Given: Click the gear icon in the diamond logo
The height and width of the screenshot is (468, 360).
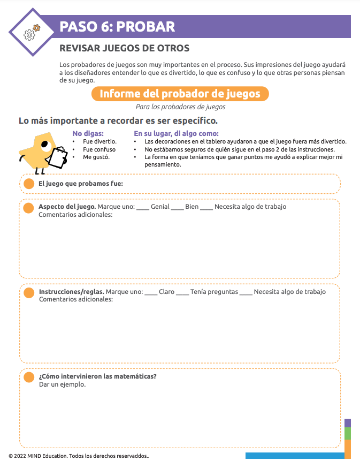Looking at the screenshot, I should pyautogui.click(x=30, y=34).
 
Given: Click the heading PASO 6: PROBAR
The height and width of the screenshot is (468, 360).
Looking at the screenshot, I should pyautogui.click(x=117, y=27).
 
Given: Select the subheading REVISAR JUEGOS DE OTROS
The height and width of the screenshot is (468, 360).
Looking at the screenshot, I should pyautogui.click(x=124, y=49).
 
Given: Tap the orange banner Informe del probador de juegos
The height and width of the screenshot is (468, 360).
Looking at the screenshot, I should pyautogui.click(x=180, y=94).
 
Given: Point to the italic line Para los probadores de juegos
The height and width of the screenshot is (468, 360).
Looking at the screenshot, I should pyautogui.click(x=180, y=107).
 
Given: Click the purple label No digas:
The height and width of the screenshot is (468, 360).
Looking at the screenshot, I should pyautogui.click(x=88, y=133).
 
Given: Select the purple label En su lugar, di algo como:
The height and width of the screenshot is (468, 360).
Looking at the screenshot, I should pyautogui.click(x=176, y=133).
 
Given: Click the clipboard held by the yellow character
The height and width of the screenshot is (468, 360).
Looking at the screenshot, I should pyautogui.click(x=57, y=156).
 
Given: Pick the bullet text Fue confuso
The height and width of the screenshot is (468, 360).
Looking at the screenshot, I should pyautogui.click(x=99, y=149).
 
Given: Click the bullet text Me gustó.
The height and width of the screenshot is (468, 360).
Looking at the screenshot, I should pyautogui.click(x=96, y=157).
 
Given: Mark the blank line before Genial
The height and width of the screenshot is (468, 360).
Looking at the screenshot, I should pyautogui.click(x=143, y=207).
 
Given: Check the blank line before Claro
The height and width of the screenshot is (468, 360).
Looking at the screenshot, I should pyautogui.click(x=151, y=292).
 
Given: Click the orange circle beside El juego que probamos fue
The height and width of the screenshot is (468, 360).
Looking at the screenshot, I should pyautogui.click(x=29, y=184).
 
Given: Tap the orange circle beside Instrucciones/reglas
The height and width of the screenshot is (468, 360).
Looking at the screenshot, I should pyautogui.click(x=29, y=292).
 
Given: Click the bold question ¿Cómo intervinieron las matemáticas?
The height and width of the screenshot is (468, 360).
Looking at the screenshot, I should pyautogui.click(x=97, y=376).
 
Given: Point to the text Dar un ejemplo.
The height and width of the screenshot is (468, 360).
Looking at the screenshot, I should pyautogui.click(x=62, y=384).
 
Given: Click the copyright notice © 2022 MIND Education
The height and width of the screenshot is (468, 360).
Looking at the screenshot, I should pyautogui.click(x=79, y=456).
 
